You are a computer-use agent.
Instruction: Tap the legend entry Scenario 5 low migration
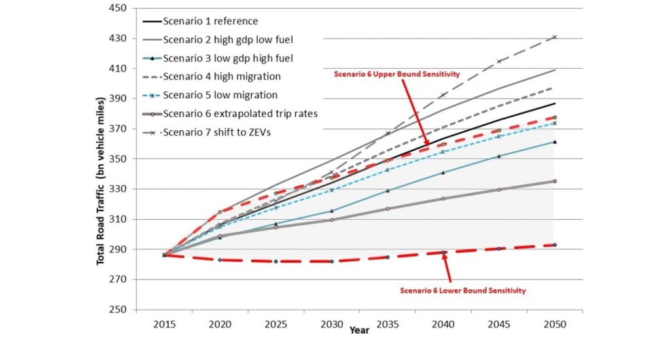click(220, 95)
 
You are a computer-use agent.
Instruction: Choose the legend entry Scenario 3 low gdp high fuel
click(228, 58)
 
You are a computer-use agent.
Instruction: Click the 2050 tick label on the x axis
click(554, 325)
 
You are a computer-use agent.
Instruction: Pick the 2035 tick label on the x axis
click(387, 325)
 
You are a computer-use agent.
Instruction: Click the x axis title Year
click(359, 331)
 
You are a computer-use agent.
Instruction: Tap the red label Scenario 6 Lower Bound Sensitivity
click(463, 290)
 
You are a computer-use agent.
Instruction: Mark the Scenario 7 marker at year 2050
click(555, 37)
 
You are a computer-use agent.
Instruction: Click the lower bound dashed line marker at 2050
click(555, 245)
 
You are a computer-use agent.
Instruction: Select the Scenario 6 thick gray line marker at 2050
click(555, 181)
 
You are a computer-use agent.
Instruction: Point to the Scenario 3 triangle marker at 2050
click(555, 141)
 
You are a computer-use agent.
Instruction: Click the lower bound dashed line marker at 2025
click(275, 261)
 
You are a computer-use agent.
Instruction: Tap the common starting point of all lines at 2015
click(164, 255)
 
